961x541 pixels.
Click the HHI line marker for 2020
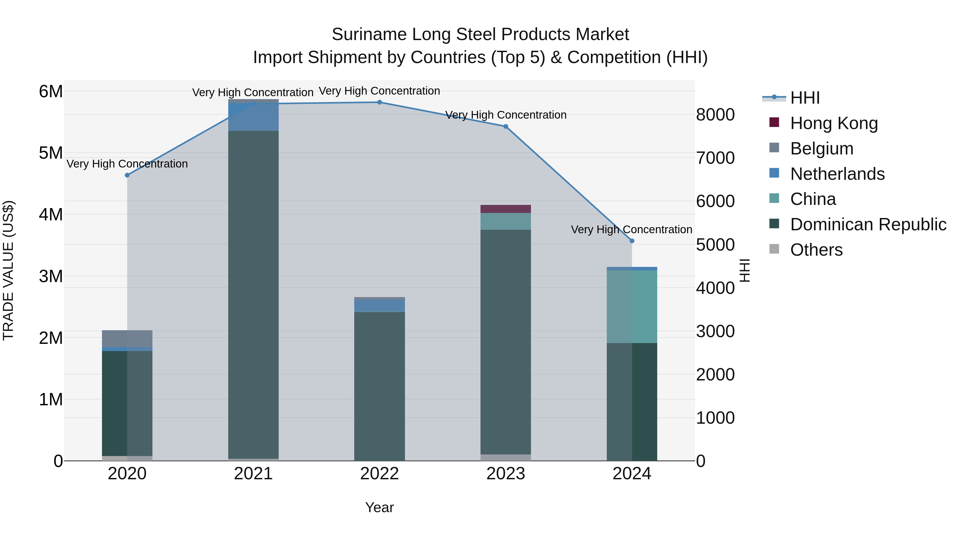tap(127, 175)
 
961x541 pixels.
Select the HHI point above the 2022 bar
tap(379, 102)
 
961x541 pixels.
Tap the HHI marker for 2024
tap(632, 241)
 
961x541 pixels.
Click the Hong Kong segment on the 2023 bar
tap(506, 209)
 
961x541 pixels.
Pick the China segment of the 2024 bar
tap(632, 306)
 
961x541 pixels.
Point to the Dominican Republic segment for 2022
tap(379, 384)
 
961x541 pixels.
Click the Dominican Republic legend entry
tap(868, 224)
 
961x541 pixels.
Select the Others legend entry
tap(816, 250)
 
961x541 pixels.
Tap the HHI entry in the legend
tap(805, 98)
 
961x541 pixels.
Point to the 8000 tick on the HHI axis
tap(715, 115)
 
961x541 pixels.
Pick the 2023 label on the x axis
tap(506, 474)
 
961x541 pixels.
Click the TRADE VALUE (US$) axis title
tap(8, 270)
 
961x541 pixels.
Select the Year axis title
tap(379, 507)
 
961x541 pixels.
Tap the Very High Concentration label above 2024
tap(631, 229)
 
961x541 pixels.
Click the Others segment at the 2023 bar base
tap(506, 457)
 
